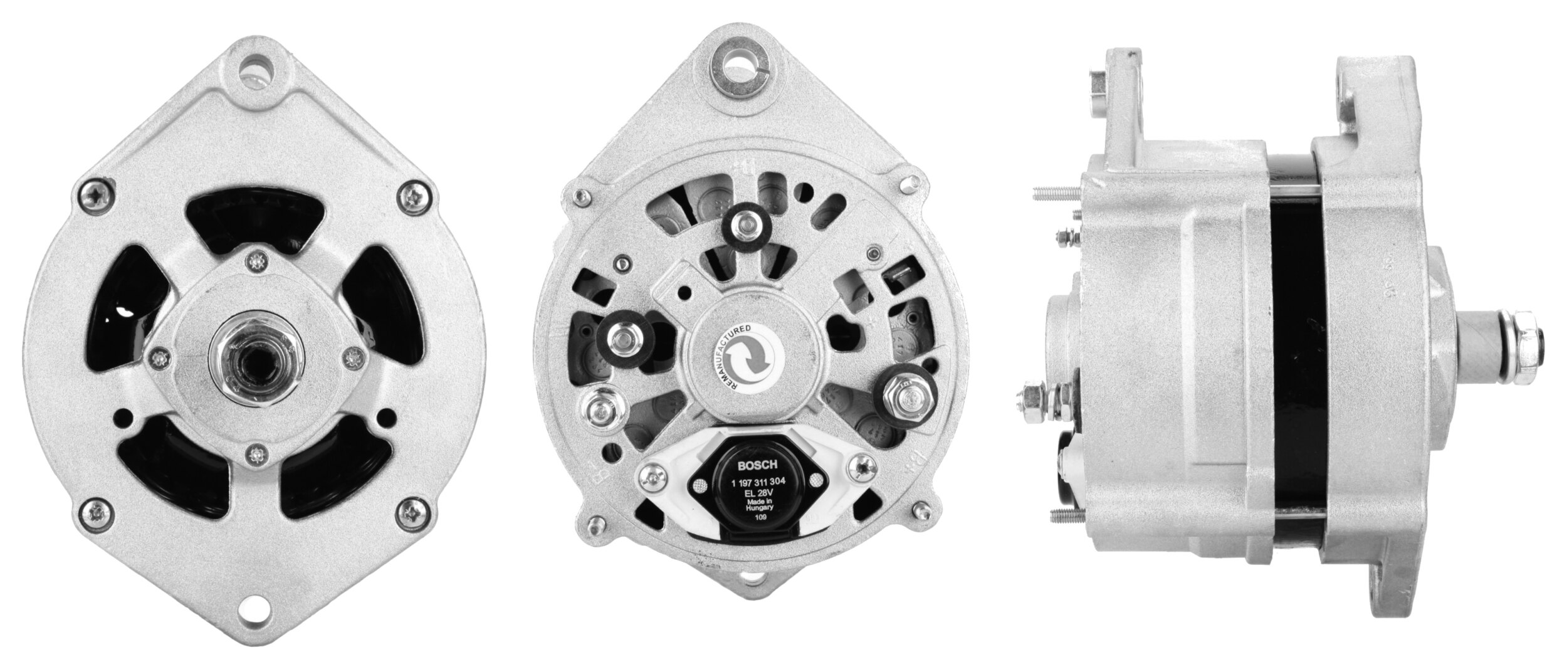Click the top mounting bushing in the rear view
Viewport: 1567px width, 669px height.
click(742, 65)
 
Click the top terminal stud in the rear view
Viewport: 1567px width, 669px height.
click(745, 225)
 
